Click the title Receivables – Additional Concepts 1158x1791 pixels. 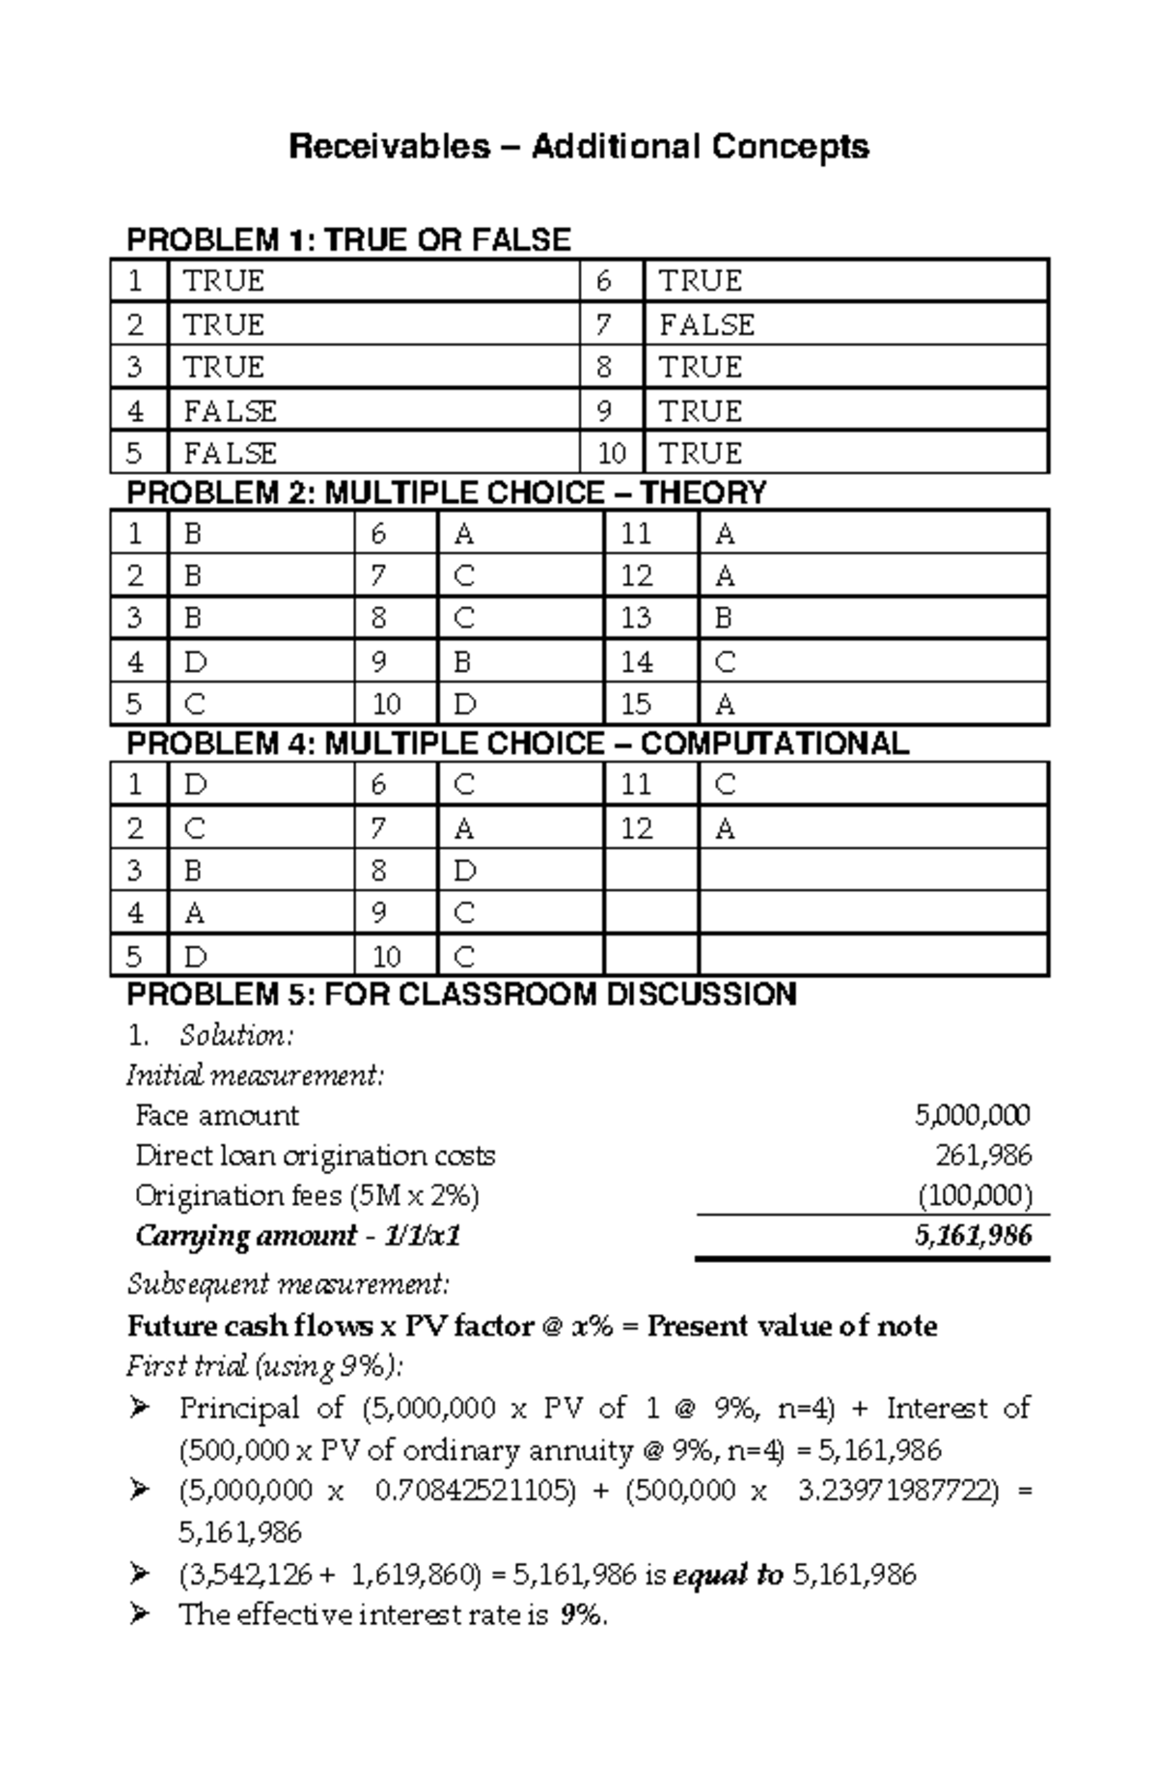coord(579,147)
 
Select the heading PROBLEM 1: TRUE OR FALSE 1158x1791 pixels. coord(348,239)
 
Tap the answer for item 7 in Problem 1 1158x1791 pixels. coord(706,324)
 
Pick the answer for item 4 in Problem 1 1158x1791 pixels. coord(230,411)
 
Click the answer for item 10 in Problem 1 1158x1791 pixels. coord(701,454)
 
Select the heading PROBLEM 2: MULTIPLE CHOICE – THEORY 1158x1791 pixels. coord(446,492)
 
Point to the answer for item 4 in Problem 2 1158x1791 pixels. coord(194,662)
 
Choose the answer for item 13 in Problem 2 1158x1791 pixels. coord(724,618)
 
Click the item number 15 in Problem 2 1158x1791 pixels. coord(636,705)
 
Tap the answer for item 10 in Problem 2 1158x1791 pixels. coord(465,705)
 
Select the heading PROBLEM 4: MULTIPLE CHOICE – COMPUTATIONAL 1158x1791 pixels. coord(517,743)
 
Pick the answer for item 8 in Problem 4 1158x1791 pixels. coord(465,871)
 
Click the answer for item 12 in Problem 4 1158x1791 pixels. coord(725,828)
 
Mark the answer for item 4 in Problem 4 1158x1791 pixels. coord(194,913)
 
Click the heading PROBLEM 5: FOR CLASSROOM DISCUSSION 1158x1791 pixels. coord(461,993)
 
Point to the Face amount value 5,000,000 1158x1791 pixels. coord(972,1116)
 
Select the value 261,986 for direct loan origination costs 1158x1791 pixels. coord(983,1156)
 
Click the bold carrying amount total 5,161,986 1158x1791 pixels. coord(973,1236)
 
